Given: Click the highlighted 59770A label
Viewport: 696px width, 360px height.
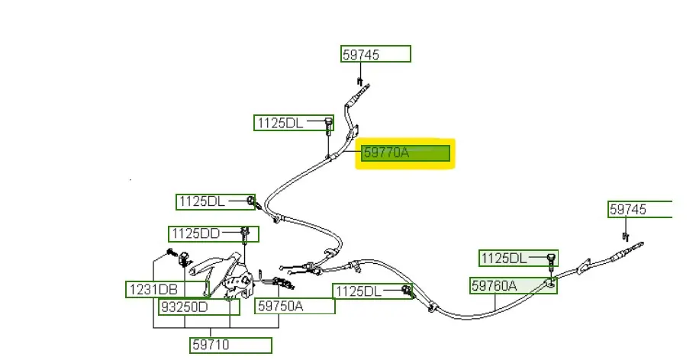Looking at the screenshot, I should click(404, 153).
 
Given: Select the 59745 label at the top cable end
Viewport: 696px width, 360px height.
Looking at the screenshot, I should click(375, 54).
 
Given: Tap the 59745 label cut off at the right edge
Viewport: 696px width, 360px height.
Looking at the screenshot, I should click(640, 209).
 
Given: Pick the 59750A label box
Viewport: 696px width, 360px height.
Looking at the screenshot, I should click(295, 306).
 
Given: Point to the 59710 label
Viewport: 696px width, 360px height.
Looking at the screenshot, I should click(230, 345).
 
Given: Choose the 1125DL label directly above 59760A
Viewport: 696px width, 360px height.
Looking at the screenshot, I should click(514, 259).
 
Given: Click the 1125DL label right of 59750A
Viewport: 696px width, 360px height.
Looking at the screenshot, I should click(366, 291).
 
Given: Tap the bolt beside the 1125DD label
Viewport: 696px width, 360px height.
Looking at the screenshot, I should click(245, 233).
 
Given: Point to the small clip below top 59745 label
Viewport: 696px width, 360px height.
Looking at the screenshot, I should click(359, 79).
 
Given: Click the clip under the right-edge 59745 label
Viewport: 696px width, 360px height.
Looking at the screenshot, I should click(624, 233).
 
